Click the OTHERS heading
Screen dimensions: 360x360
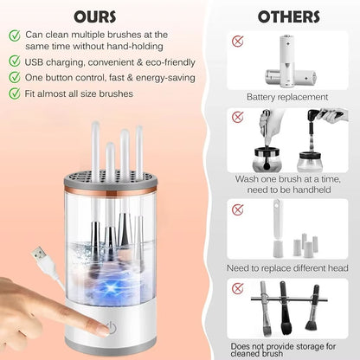coord(288,16)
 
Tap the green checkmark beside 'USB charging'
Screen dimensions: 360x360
coord(16,61)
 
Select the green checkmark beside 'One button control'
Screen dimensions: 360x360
coord(16,77)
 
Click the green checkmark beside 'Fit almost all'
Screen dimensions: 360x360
coord(16,93)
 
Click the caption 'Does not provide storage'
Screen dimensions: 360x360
coord(287,344)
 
